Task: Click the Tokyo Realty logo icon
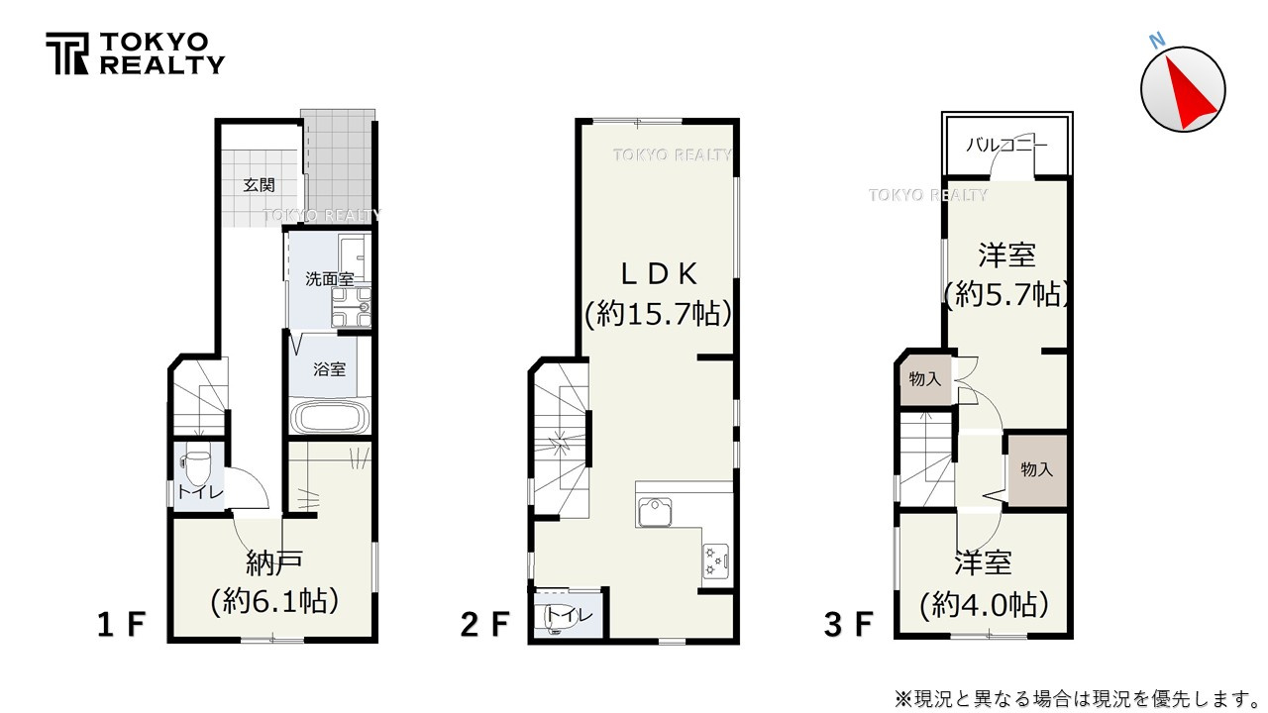66,53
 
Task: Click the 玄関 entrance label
259,185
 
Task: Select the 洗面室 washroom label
329,279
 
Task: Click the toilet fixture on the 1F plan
197,464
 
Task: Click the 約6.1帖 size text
274,600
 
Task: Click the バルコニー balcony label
1005,145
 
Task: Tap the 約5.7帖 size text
1006,294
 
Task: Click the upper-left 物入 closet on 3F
924,378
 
